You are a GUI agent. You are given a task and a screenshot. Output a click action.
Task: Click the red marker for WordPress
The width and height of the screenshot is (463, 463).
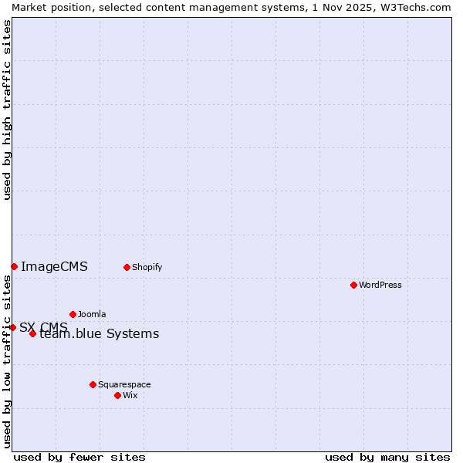[353, 285]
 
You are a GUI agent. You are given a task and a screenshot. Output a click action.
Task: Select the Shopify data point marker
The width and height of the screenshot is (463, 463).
[127, 267]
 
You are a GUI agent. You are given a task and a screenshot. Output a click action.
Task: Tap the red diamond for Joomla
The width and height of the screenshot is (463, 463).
[73, 314]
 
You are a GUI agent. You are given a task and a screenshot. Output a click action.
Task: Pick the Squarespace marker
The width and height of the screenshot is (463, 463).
[93, 384]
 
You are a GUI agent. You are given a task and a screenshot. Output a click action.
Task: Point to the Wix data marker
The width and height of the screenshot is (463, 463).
[117, 395]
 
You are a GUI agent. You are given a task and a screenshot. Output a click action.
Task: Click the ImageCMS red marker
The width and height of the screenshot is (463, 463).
[14, 266]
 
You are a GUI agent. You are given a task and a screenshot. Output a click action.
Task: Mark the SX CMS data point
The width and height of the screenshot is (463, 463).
[12, 327]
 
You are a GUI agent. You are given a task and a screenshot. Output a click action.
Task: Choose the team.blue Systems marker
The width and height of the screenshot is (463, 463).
[32, 333]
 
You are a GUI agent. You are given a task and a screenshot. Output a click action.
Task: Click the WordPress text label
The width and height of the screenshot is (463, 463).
[380, 285]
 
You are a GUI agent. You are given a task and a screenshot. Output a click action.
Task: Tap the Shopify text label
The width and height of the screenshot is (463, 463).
[147, 267]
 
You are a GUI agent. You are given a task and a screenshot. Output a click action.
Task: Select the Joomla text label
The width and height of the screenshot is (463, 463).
[92, 314]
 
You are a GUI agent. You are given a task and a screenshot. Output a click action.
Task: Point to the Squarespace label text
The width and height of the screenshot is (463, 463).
[124, 384]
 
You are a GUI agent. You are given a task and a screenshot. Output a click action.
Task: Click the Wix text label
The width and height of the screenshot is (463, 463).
[130, 395]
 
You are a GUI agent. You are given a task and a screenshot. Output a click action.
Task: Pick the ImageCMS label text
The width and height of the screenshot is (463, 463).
[54, 266]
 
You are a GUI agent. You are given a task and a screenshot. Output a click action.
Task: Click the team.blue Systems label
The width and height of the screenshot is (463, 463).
[100, 333]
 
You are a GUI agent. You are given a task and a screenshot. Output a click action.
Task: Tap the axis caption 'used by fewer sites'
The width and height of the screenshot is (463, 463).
[79, 457]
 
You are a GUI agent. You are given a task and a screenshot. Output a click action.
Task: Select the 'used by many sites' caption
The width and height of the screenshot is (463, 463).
[387, 457]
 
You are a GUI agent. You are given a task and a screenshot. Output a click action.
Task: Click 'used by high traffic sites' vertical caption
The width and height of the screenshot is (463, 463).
[7, 110]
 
